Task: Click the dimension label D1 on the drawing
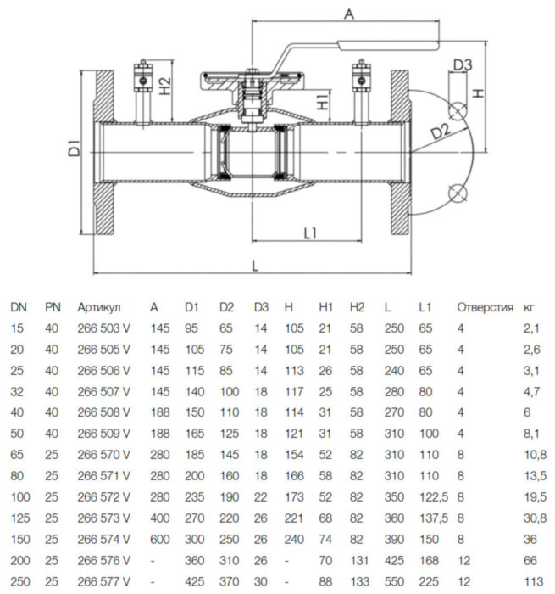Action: click(74, 146)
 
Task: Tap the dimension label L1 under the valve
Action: click(308, 232)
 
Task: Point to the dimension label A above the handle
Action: click(348, 13)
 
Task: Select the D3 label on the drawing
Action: click(462, 64)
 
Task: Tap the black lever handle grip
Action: click(388, 43)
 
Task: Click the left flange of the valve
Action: click(103, 150)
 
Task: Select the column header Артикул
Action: click(99, 307)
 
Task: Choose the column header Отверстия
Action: click(485, 307)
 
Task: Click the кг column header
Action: click(530, 307)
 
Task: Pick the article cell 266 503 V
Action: click(103, 328)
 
